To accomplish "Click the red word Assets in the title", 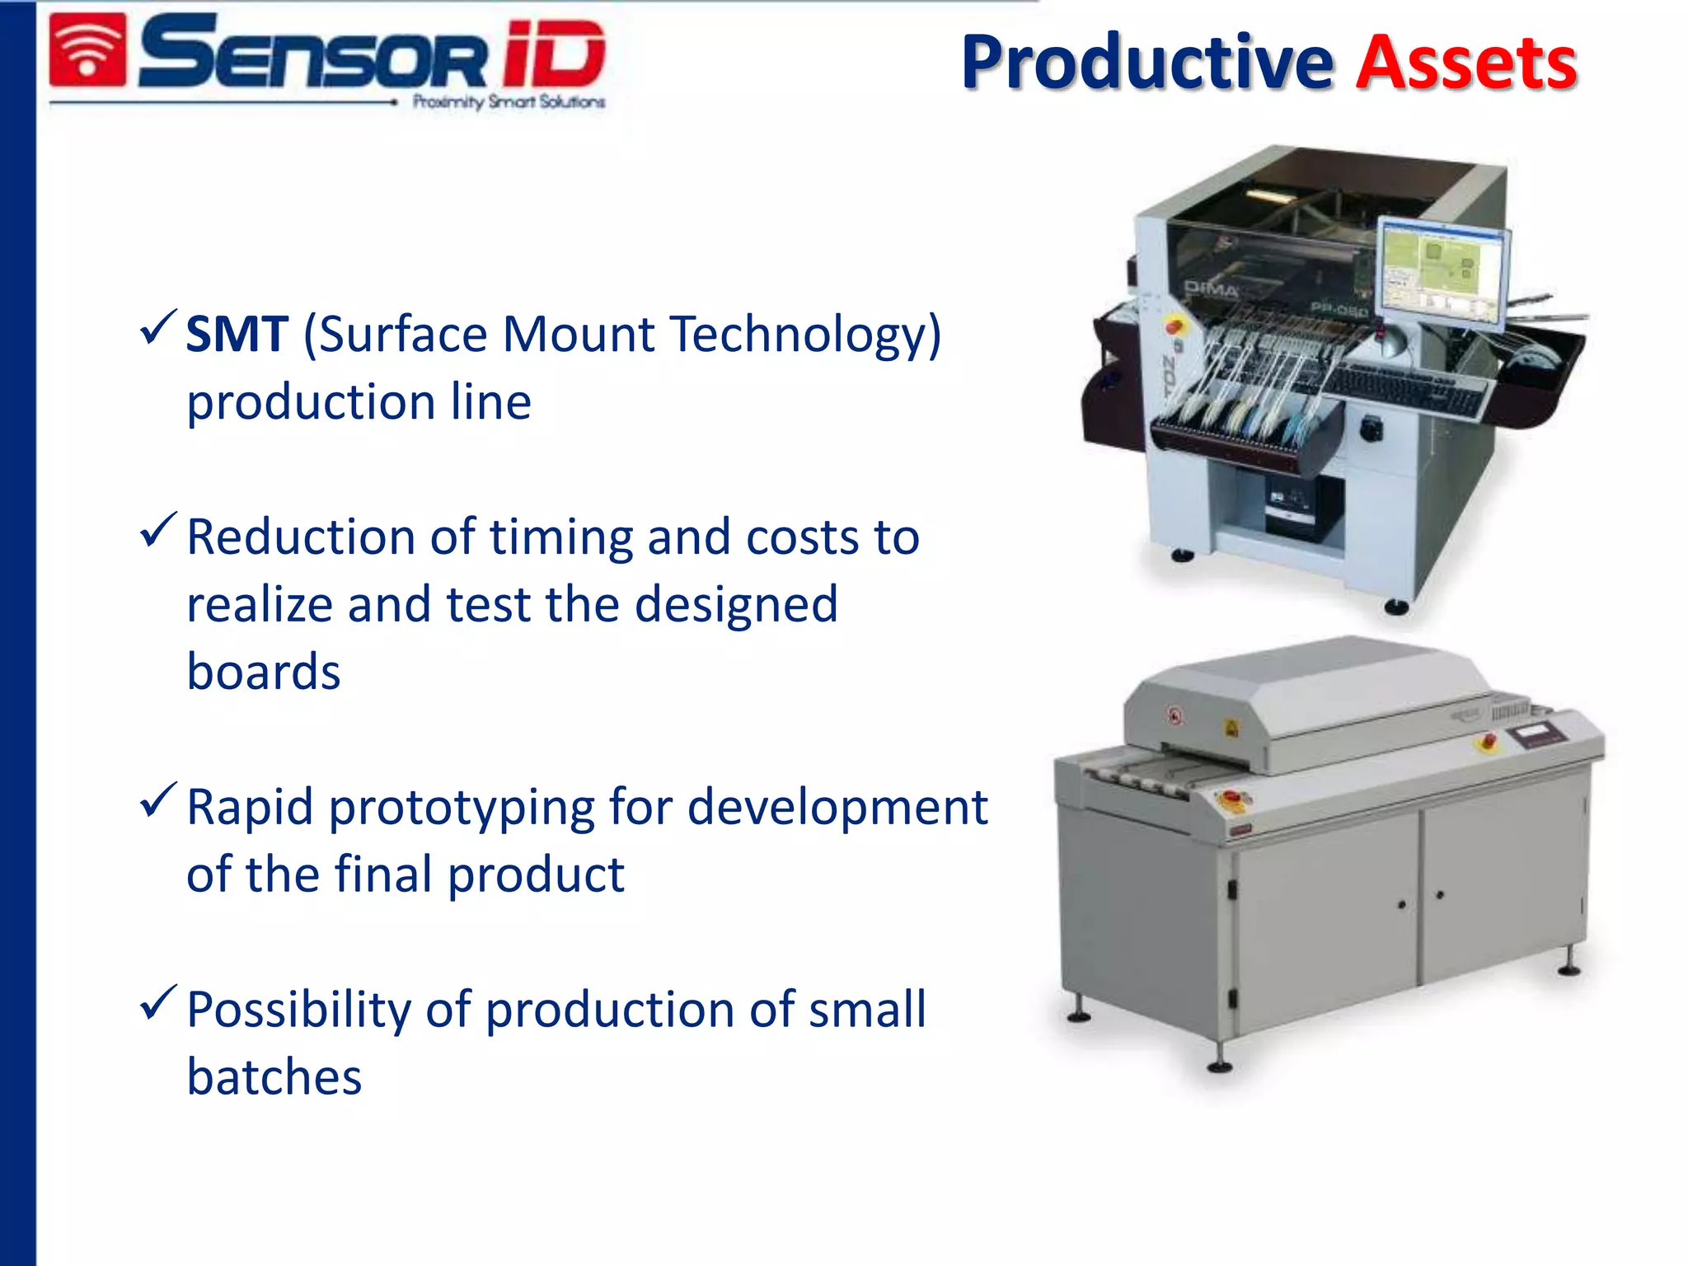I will coord(1465,64).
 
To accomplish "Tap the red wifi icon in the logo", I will coord(87,50).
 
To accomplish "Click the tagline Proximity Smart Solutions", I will coord(509,102).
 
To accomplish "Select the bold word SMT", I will coord(237,335).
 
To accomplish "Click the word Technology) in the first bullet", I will coord(805,335).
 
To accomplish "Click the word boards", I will coord(263,672).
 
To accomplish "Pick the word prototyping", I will coord(462,807).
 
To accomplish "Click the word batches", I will coord(274,1077).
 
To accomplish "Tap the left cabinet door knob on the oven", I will coord(1401,904).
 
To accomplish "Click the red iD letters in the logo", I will coord(553,54).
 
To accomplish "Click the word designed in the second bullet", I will coord(736,605).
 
